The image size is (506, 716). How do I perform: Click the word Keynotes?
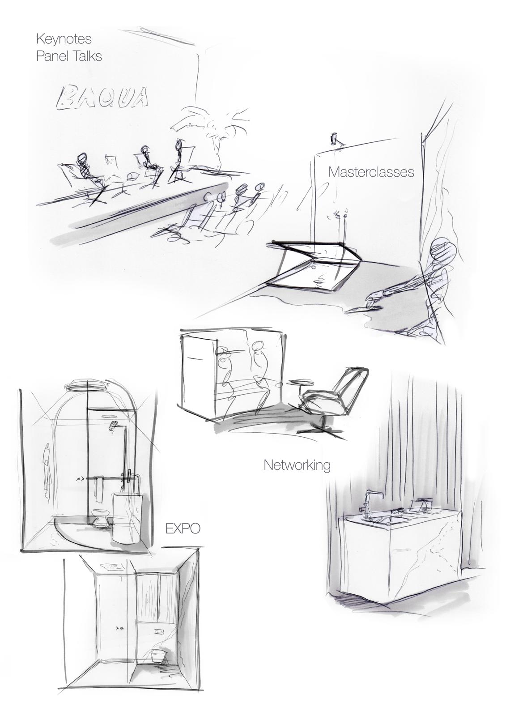click(x=64, y=39)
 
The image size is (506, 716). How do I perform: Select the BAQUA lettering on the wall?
click(x=102, y=97)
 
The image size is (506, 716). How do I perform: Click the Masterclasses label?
click(x=371, y=172)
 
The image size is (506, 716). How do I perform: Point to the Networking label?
click(x=297, y=465)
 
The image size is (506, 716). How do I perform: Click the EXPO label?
click(x=183, y=528)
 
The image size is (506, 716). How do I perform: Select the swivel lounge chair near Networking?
click(x=331, y=401)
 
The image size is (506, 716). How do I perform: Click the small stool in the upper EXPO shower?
click(x=100, y=517)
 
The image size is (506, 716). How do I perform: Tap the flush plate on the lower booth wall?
click(x=159, y=622)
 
